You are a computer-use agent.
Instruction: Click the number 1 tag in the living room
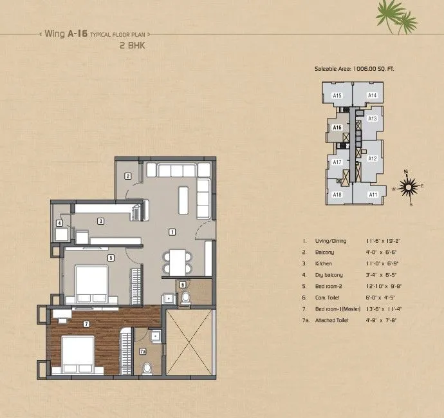pos(172,231)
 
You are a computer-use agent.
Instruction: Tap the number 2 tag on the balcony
pos(128,176)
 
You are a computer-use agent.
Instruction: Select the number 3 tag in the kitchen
pos(100,221)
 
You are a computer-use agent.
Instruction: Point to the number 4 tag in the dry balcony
pos(59,223)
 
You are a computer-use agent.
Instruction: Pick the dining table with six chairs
pos(177,261)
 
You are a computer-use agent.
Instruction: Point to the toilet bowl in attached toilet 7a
pos(147,368)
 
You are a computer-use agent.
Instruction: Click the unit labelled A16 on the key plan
pos(337,128)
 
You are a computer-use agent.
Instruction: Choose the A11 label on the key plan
pos(373,195)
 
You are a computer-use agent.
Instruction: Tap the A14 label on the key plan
pos(372,95)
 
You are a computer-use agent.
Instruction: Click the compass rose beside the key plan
pos(407,187)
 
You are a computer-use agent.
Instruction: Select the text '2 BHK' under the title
pos(131,46)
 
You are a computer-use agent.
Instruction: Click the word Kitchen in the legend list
pos(323,263)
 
